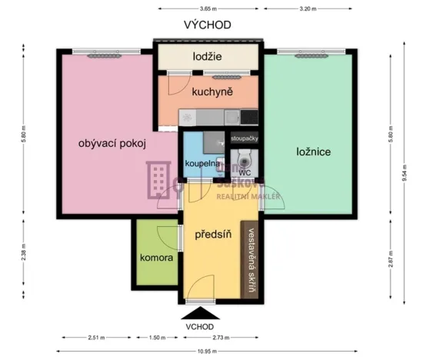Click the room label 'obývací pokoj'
[x=111, y=142]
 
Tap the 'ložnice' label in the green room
[x=313, y=152]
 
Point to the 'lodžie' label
[x=207, y=56]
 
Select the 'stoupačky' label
[x=245, y=138]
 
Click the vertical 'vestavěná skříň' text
[x=251, y=262]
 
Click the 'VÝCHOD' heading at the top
[x=207, y=25]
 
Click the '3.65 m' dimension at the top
[x=205, y=8]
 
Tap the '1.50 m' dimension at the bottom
[x=158, y=338]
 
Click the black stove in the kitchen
[x=249, y=117]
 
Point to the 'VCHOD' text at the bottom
[x=199, y=326]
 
